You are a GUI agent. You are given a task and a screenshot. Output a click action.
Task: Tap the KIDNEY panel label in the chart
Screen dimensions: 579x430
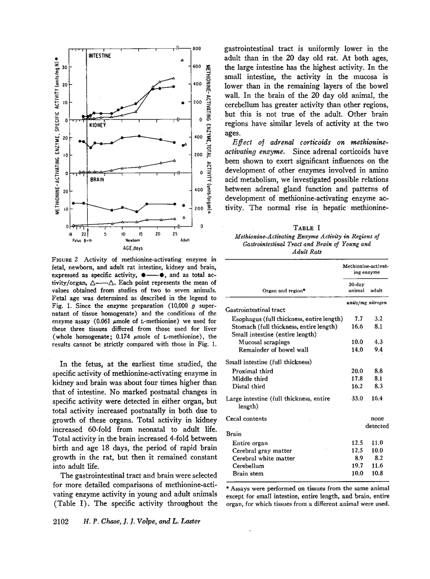pos(97,124)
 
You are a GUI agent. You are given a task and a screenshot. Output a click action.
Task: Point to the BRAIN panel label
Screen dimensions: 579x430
pos(96,180)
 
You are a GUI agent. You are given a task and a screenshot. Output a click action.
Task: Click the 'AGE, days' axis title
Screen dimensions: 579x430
pos(130,247)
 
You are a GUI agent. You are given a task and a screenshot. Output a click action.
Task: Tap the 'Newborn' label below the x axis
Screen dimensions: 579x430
pos(132,240)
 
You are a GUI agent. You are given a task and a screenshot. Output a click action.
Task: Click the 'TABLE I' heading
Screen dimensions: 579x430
pos(306,228)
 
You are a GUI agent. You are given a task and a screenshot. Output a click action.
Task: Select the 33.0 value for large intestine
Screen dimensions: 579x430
pos(357,399)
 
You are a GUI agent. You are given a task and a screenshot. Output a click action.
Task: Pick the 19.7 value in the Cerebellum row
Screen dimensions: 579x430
pos(357,466)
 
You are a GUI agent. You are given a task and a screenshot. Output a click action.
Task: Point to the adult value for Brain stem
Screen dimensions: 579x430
pos(377,473)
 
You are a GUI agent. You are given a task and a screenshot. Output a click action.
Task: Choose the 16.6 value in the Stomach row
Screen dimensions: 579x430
pos(357,326)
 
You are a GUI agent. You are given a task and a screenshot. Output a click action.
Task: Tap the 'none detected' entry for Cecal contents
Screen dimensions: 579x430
pos(377,422)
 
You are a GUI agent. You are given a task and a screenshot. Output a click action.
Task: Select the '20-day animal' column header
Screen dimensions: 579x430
pos(357,287)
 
